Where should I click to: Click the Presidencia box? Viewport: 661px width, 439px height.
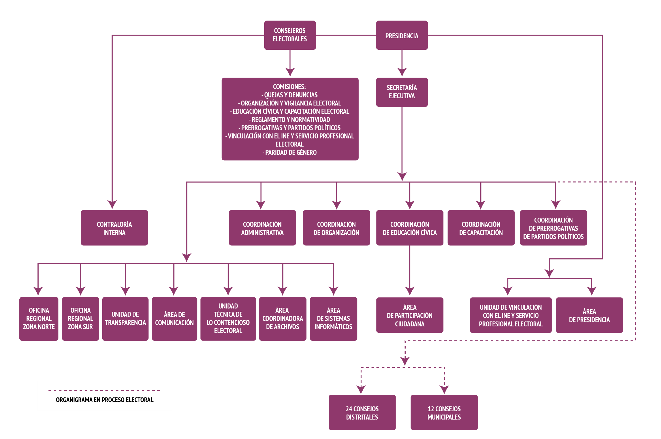coord(402,35)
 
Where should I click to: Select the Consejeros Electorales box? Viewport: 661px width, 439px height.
coord(290,35)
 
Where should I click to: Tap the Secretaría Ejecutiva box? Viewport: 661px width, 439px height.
coord(402,92)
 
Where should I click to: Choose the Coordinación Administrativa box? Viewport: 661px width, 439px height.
coord(262,228)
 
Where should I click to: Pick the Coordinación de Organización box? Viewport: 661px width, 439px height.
coord(336,228)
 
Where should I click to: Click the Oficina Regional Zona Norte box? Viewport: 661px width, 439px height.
coord(39,319)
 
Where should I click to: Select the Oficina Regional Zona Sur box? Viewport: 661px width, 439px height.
coord(81,319)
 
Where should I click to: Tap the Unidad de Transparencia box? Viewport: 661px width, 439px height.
coord(125,319)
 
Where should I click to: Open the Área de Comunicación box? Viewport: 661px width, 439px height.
coord(174,319)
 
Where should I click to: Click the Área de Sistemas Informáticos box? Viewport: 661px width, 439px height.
coord(333,319)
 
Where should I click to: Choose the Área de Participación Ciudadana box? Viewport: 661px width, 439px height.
coord(410,315)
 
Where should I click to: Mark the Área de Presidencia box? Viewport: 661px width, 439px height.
coord(589,315)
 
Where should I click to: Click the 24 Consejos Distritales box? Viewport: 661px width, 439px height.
coord(362,412)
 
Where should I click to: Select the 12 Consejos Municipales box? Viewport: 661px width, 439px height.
coord(444,412)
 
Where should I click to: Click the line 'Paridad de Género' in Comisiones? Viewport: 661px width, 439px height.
coord(290,153)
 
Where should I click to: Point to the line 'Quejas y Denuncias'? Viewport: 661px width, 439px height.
coord(290,95)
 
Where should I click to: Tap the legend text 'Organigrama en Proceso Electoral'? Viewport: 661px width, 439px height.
coord(105,400)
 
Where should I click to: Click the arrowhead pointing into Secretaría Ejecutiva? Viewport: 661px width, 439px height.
coord(402,72)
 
